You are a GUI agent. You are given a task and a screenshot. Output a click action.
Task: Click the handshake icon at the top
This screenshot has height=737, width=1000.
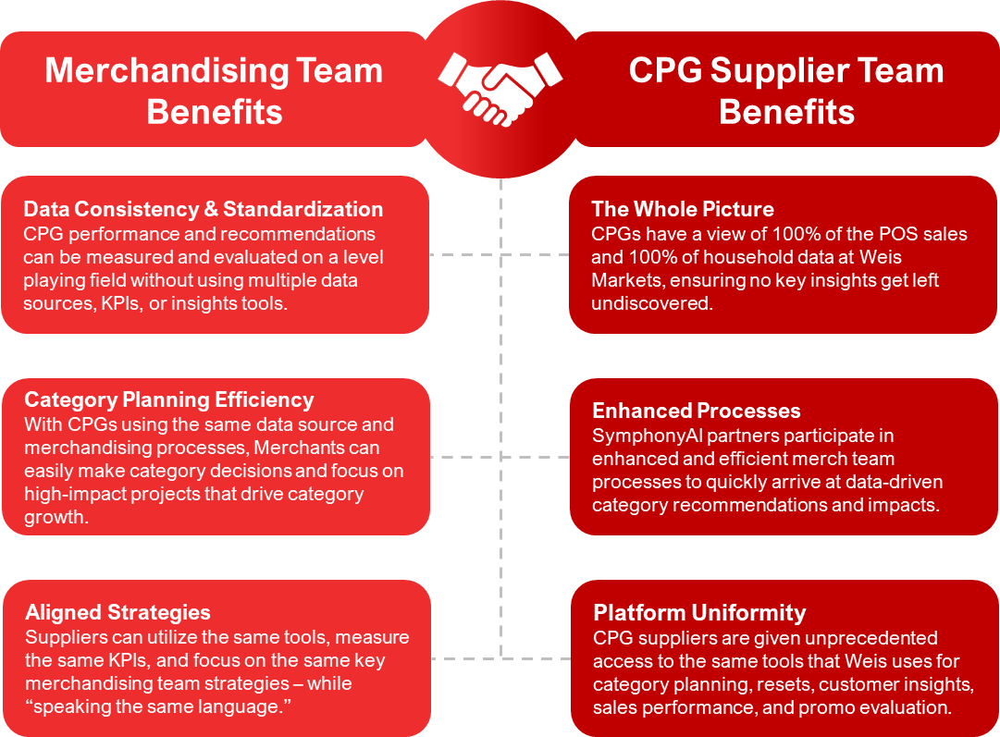tap(500, 89)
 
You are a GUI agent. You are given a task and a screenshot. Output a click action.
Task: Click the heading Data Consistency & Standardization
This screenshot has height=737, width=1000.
tap(203, 209)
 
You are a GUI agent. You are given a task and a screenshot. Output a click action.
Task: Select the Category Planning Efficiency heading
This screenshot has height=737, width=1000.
tap(169, 400)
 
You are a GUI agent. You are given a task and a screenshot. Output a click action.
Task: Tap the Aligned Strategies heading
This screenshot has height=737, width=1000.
tap(117, 612)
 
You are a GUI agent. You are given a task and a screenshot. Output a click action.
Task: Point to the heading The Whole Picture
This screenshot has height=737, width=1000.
tap(683, 209)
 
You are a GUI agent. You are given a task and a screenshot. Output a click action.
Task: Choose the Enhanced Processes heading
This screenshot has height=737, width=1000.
tap(697, 411)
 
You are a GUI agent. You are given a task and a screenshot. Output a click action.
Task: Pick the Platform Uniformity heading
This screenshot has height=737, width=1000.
tap(699, 613)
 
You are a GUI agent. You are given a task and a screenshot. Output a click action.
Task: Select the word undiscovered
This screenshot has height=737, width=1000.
tap(652, 303)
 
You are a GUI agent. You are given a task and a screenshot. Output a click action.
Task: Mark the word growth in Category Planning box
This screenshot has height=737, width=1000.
tap(55, 518)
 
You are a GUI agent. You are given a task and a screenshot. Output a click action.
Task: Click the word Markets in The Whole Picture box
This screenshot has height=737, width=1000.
tap(623, 279)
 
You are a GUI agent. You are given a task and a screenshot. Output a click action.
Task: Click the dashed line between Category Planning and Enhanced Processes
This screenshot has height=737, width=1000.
tap(500, 457)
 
